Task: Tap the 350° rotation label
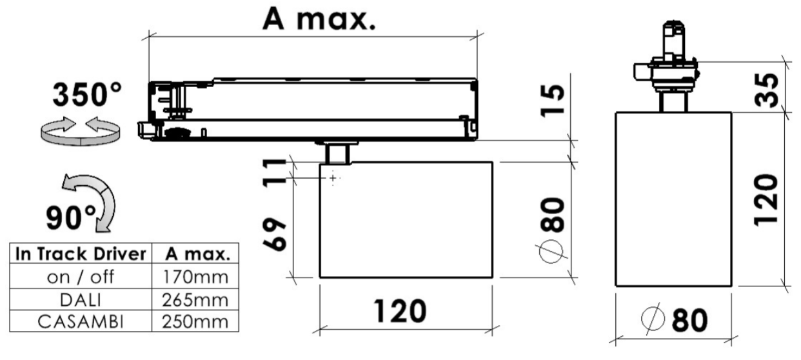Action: [x=87, y=94]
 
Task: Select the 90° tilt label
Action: [x=71, y=217]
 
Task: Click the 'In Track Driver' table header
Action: [x=81, y=254]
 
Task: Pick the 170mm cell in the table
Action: [x=195, y=277]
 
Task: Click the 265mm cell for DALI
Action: [x=195, y=300]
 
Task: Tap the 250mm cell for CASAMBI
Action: [x=195, y=322]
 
